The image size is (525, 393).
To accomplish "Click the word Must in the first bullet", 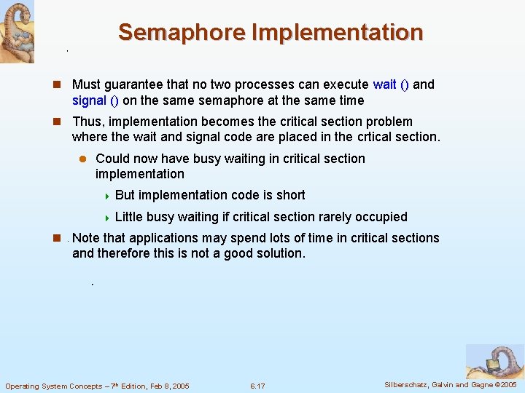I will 87,84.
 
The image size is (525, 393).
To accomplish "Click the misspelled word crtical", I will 377,137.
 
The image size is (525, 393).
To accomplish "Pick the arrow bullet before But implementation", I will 106,196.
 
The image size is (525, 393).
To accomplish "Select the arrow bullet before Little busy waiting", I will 106,218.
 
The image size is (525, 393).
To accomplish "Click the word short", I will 289,195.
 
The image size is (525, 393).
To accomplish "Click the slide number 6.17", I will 257,386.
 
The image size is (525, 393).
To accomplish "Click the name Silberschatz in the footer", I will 407,384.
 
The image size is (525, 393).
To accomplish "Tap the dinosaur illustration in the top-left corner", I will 17,31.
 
